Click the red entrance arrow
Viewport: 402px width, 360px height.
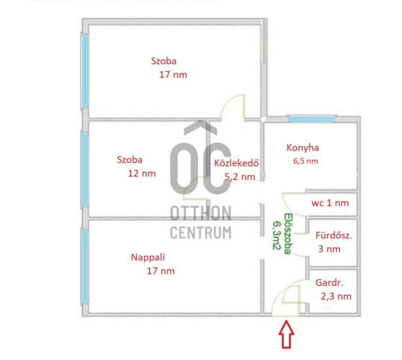coord(287,334)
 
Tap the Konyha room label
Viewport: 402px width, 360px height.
coord(303,148)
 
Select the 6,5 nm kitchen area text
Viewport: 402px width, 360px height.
coord(305,161)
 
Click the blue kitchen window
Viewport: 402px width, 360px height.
coord(312,119)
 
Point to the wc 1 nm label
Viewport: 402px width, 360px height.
coord(330,203)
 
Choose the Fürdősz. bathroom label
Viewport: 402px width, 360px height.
coord(334,235)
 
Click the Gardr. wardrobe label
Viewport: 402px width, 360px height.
coord(329,283)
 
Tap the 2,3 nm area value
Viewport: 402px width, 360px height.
coord(336,297)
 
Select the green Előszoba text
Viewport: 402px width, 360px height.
coord(287,233)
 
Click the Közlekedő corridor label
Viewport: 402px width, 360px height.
coord(236,163)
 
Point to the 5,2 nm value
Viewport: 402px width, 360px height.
coord(240,177)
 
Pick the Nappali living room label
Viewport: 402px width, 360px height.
coord(148,257)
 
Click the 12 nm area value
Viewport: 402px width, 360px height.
coord(142,174)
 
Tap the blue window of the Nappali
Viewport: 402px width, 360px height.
coord(85,266)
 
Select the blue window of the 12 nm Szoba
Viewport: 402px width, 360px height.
coord(84,169)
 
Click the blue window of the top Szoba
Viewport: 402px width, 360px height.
coord(85,71)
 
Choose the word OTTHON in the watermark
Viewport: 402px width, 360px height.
coord(201,213)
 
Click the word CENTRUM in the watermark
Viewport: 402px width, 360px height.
coord(201,233)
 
